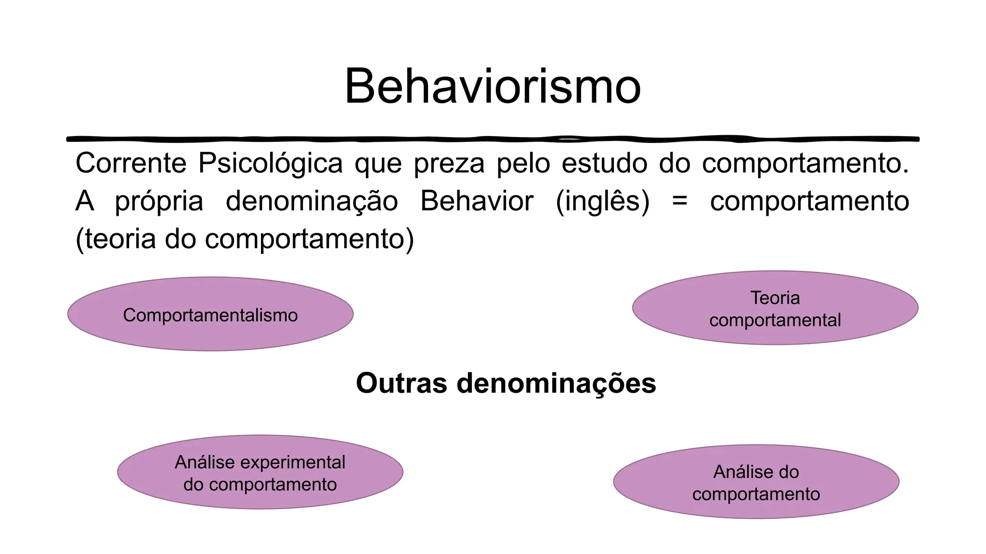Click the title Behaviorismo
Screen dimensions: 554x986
(493, 87)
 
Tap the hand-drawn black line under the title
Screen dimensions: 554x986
(493, 139)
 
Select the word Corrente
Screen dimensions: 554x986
(131, 163)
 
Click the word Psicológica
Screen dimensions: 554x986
(270, 163)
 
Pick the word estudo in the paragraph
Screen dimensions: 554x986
(604, 163)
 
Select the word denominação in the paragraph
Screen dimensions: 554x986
(312, 201)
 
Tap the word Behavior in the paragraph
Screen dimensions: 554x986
(477, 201)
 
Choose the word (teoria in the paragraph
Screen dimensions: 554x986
(116, 239)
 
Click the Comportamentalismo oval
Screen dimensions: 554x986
(210, 314)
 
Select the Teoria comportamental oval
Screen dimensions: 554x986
(775, 308)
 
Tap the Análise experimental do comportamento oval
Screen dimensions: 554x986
(260, 472)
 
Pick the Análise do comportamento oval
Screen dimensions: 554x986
(756, 482)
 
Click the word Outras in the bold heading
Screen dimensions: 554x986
(402, 383)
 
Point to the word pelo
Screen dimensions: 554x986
(523, 163)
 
